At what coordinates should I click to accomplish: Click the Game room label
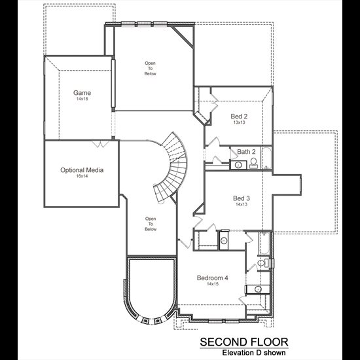pyautogui.click(x=82, y=93)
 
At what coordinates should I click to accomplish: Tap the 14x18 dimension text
pyautogui.click(x=82, y=99)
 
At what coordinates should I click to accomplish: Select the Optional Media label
pyautogui.click(x=82, y=170)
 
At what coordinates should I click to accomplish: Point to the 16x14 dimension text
pyautogui.click(x=82, y=176)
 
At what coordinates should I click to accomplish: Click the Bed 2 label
pyautogui.click(x=239, y=117)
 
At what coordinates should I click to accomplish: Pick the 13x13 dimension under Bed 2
pyautogui.click(x=239, y=122)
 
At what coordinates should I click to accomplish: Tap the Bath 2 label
pyautogui.click(x=246, y=152)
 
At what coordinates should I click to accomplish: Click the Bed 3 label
pyautogui.click(x=242, y=198)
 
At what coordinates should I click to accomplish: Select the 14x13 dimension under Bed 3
pyautogui.click(x=242, y=204)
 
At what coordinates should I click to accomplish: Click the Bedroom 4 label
pyautogui.click(x=213, y=278)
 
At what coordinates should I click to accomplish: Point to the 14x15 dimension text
pyautogui.click(x=213, y=284)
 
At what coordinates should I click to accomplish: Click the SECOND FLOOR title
pyautogui.click(x=244, y=342)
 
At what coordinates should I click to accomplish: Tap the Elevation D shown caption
pyautogui.click(x=254, y=353)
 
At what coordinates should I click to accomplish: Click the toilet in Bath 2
pyautogui.click(x=253, y=163)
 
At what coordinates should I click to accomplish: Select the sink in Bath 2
pyautogui.click(x=238, y=165)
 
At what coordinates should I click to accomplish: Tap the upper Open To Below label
pyautogui.click(x=150, y=69)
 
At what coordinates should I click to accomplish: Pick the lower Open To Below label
pyautogui.click(x=151, y=224)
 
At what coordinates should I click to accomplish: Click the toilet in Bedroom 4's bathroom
pyautogui.click(x=263, y=263)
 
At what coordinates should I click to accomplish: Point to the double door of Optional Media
pyautogui.click(x=100, y=144)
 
